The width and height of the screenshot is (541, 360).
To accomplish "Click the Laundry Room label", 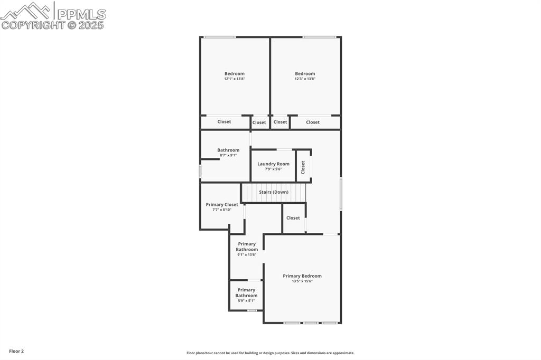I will (x=273, y=164).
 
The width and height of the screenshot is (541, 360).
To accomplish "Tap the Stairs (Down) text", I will (x=274, y=192).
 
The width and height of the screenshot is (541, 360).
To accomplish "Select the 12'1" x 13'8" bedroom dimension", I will (x=235, y=79).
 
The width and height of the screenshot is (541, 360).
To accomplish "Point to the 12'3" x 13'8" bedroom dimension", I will (x=305, y=79).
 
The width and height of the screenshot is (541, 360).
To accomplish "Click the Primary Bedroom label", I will (x=302, y=276).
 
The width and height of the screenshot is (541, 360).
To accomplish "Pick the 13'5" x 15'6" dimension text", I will (x=302, y=281).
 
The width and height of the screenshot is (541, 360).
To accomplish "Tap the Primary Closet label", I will (x=222, y=204).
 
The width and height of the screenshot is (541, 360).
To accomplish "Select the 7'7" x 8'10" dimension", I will (x=222, y=210).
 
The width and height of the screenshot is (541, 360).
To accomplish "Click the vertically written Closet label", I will (x=303, y=167).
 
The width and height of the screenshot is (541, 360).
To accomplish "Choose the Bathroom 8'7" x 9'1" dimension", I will (x=228, y=155).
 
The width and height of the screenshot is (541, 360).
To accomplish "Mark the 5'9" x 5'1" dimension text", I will (x=246, y=301).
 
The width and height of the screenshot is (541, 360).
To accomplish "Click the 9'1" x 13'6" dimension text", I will (x=246, y=254).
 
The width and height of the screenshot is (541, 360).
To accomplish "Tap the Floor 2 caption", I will (x=16, y=351).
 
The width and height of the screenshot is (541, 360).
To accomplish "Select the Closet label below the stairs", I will (x=293, y=218).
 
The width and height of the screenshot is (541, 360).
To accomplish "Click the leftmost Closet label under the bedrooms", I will (x=224, y=122).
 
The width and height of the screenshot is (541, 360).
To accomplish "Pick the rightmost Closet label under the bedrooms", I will (x=313, y=122).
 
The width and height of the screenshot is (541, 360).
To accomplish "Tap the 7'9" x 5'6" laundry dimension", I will (x=273, y=169).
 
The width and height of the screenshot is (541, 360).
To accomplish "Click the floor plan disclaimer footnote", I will (x=270, y=353).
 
